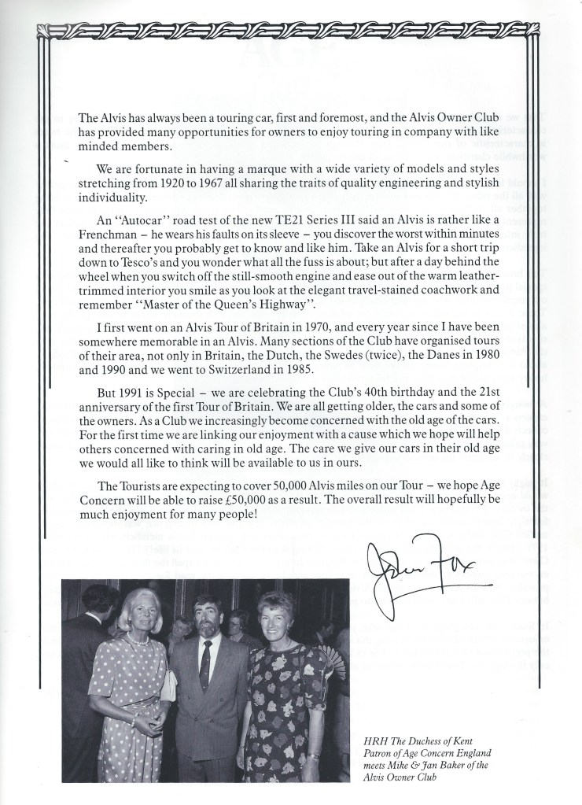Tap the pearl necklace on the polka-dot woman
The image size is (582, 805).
pyautogui.click(x=138, y=640)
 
